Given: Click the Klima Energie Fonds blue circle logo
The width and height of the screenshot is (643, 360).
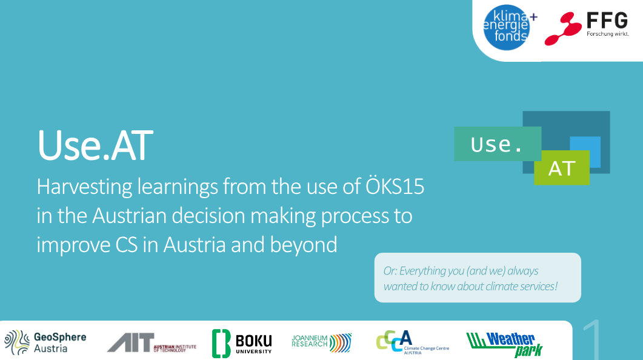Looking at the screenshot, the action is [x=507, y=27].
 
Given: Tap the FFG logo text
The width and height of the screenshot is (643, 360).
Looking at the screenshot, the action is [x=607, y=20].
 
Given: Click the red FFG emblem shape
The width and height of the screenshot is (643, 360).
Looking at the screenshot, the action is [x=563, y=28].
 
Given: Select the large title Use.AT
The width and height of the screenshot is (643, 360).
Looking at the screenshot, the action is [x=95, y=145].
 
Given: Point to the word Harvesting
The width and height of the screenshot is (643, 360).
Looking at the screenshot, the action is [x=84, y=187].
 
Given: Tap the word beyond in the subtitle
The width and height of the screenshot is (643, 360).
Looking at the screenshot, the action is [x=304, y=245].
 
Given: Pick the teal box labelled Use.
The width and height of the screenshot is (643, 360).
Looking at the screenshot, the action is [x=498, y=144].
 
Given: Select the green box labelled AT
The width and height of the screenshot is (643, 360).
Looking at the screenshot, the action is [x=561, y=168].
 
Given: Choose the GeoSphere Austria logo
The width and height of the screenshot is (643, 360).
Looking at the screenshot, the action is [x=45, y=342].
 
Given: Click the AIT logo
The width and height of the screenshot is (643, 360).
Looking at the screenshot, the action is [x=152, y=342].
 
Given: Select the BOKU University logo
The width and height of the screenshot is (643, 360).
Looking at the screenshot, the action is [x=242, y=343].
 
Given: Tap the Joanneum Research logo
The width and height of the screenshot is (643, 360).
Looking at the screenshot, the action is [x=321, y=343].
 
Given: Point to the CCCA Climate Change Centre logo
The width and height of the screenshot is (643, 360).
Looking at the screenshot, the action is [x=412, y=342].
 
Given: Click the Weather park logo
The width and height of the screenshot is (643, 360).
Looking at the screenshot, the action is [x=504, y=344].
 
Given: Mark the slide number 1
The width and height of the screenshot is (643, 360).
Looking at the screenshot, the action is [x=591, y=340].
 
